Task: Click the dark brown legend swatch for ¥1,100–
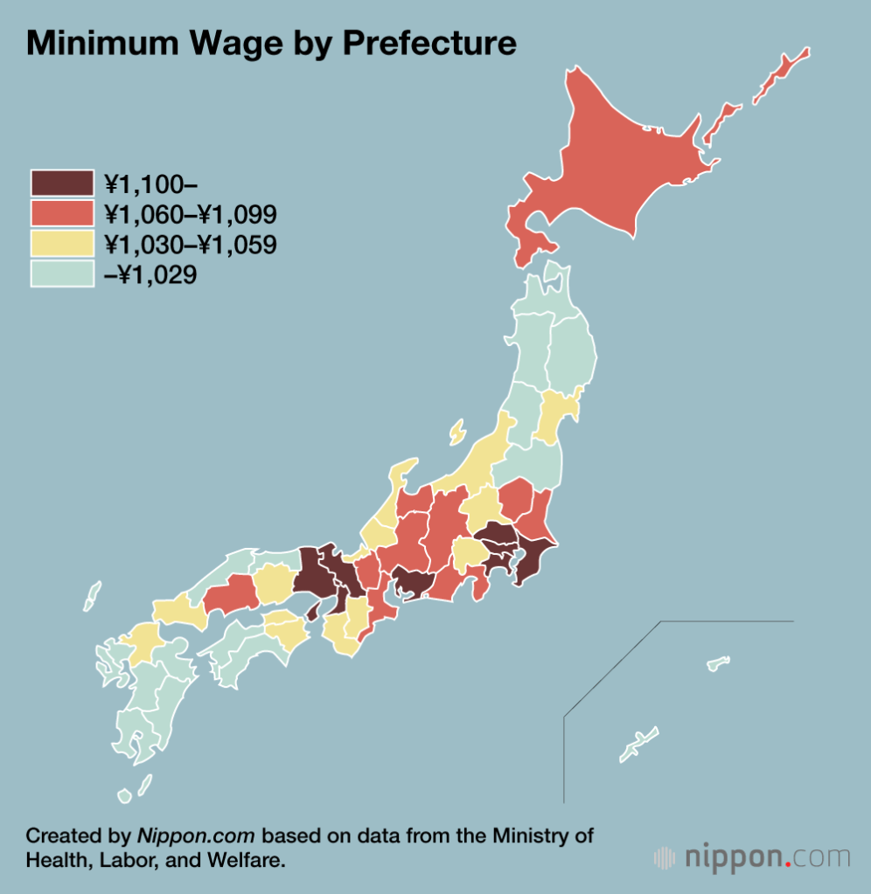coord(62,184)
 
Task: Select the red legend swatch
coord(62,214)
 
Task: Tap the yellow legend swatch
coord(62,244)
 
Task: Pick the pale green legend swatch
coord(62,274)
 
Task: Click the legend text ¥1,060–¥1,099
coord(190,214)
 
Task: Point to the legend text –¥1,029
coord(150,274)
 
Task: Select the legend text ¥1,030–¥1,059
coord(190,245)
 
